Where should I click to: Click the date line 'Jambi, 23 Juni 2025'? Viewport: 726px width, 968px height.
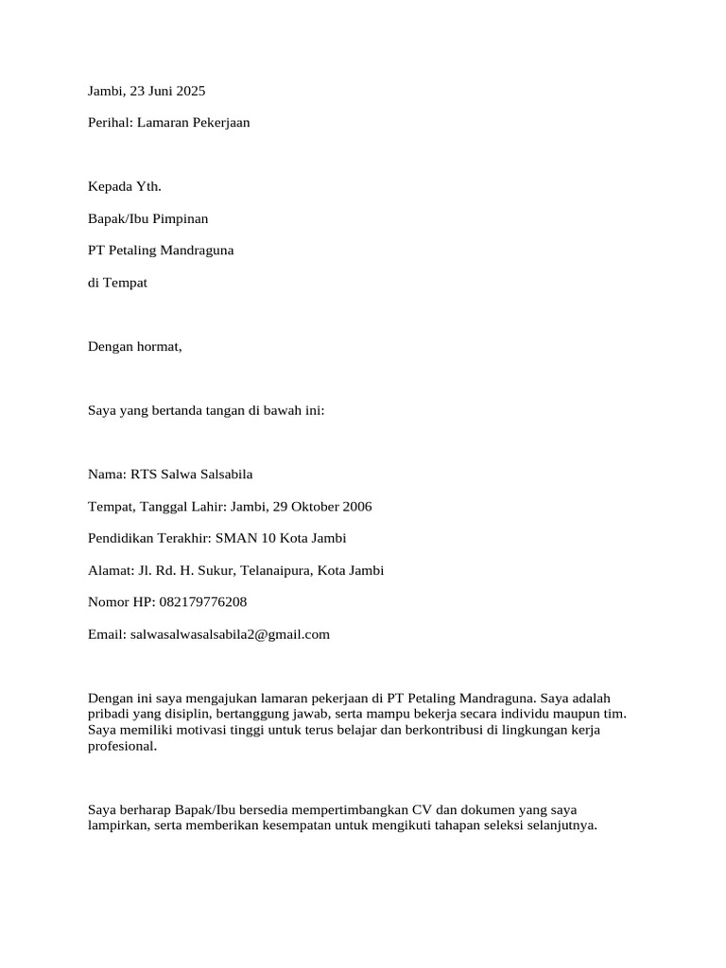146,92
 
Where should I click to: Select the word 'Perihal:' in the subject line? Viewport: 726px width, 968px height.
111,123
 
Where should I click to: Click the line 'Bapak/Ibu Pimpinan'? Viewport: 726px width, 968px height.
147,218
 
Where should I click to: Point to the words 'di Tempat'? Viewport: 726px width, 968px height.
117,283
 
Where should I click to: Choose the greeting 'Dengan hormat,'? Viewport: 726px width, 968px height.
134,347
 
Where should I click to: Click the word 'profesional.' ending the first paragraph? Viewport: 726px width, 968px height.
121,747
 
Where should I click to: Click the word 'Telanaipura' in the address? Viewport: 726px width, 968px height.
275,571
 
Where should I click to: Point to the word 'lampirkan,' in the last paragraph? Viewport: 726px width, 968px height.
117,825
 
